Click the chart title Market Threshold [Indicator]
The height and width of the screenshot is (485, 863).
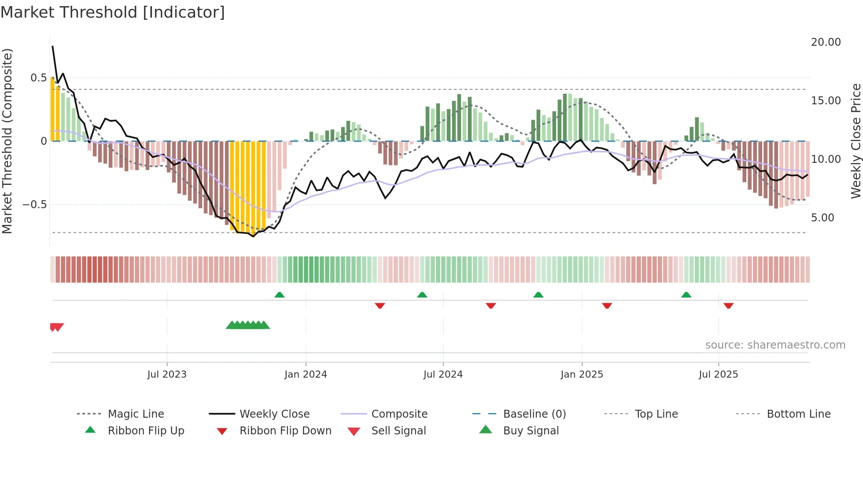[113, 12]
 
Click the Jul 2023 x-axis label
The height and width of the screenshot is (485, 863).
[167, 375]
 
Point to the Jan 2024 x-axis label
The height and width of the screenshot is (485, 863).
[306, 375]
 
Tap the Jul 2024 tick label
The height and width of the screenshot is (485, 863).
[443, 375]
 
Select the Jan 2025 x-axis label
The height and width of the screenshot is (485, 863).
[582, 375]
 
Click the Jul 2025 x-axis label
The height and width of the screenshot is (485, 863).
[718, 375]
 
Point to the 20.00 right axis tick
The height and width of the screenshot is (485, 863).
[826, 42]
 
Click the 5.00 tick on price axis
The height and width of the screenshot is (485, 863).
[822, 218]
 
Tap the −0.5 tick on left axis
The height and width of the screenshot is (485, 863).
[34, 205]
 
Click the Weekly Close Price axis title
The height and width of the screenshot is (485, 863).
[856, 141]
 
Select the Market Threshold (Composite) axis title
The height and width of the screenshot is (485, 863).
[7, 141]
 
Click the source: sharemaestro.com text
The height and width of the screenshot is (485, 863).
[775, 345]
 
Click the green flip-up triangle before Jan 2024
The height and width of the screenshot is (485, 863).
[279, 295]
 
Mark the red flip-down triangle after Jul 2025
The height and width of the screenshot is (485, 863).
[728, 305]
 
